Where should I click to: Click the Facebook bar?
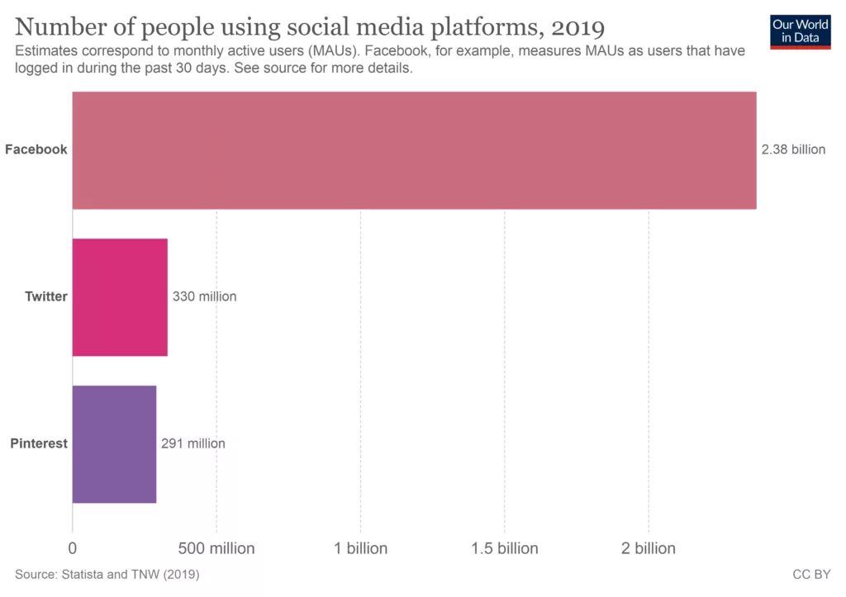414,149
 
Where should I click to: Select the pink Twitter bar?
120,297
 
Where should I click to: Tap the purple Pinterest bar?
114,444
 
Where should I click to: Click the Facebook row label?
36,149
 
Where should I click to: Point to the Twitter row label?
46,296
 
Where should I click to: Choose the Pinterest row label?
39,443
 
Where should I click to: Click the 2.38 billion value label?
793,149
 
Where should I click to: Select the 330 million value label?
204,296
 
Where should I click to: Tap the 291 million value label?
192,443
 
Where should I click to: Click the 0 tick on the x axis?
73,548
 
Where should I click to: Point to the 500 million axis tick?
216,548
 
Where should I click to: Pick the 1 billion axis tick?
360,548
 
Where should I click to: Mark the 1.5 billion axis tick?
504,548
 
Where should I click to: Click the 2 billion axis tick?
649,548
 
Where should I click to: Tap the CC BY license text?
811,573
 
